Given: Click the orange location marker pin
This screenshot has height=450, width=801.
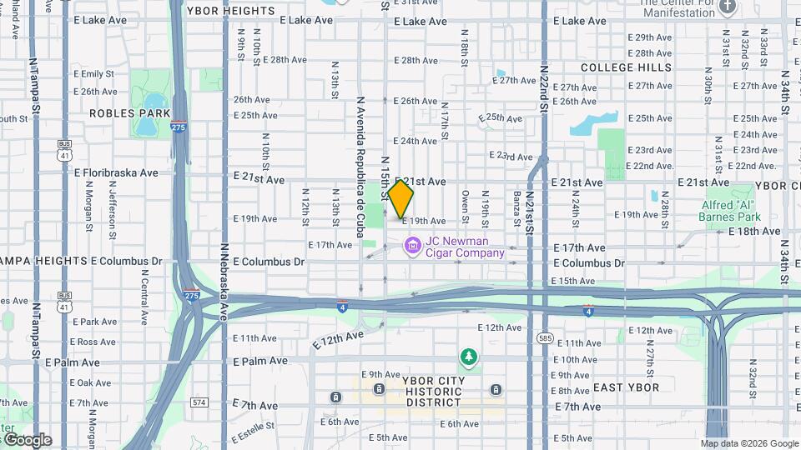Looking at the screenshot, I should tap(400, 198).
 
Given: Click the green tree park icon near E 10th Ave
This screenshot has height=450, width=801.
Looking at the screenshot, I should tap(469, 357).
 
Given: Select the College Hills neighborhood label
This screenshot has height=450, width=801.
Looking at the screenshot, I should tap(626, 67).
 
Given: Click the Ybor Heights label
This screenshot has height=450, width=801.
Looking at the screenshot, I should tap(230, 11).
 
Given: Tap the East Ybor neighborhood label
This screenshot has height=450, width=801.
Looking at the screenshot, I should tap(626, 388).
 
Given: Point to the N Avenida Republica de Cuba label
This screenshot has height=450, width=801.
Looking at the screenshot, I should tap(360, 167).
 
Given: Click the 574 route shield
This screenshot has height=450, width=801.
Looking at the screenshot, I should tap(199, 402).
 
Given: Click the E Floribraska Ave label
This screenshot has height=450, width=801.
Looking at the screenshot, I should tap(116, 173).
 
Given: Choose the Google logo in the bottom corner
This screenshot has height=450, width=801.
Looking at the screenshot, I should tap(27, 440).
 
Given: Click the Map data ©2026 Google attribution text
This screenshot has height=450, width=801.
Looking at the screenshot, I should tap(749, 444).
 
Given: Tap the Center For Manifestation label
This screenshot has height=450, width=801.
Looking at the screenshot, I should tap(678, 7).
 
